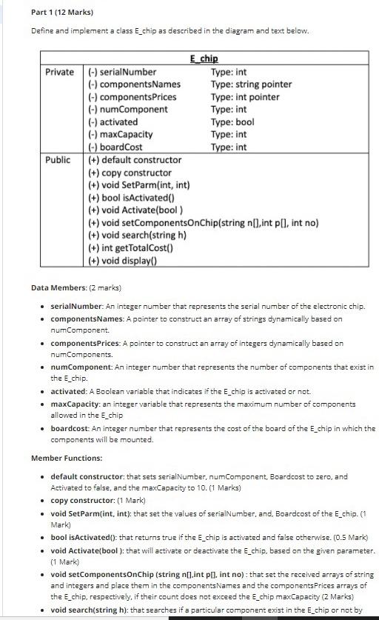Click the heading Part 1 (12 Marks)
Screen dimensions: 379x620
[62, 13]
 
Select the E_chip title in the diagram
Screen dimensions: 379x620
[204, 59]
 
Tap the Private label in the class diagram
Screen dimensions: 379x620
[60, 72]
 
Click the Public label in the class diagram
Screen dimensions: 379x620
[58, 160]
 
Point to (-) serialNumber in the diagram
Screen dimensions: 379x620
[122, 72]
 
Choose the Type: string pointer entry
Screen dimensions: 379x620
[251, 84]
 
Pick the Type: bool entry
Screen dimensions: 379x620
[232, 122]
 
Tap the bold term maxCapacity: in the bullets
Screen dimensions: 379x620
[76, 404]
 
